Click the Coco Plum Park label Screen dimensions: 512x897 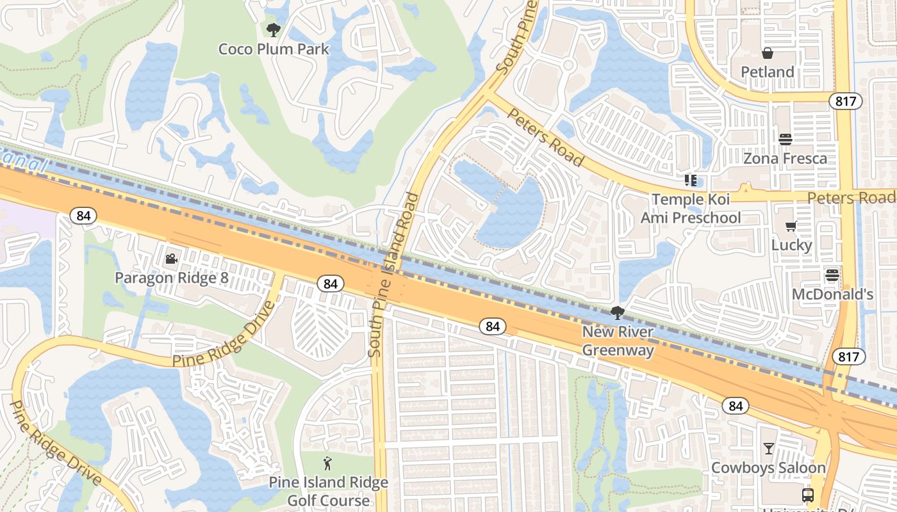(x=274, y=49)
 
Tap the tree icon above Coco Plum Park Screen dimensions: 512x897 (x=274, y=29)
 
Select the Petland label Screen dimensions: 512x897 (x=767, y=72)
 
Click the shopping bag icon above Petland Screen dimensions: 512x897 (x=767, y=52)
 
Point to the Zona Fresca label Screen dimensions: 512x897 (x=785, y=158)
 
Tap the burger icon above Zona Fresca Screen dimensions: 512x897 (x=786, y=139)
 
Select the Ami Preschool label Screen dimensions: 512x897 (x=691, y=218)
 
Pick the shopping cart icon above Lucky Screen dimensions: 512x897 (x=791, y=226)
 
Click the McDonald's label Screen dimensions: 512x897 (x=832, y=294)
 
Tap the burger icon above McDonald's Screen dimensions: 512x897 (x=832, y=275)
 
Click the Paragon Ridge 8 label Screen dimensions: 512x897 (x=172, y=278)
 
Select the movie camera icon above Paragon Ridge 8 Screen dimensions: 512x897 (x=171, y=259)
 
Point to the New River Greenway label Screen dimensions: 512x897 (x=618, y=341)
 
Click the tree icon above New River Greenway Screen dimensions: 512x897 (x=618, y=313)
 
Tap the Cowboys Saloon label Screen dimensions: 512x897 (x=768, y=468)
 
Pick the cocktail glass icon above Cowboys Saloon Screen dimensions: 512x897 (x=769, y=449)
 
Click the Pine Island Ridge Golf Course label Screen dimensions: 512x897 (x=328, y=491)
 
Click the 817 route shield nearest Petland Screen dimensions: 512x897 (x=846, y=100)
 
